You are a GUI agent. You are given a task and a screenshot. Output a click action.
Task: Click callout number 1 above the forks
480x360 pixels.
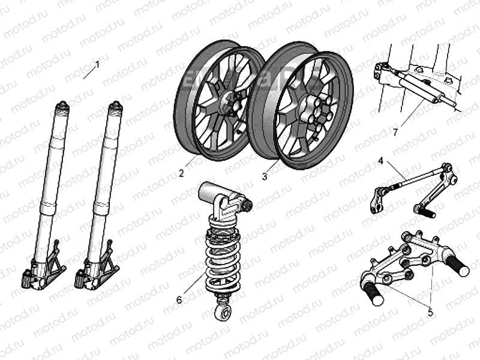98,63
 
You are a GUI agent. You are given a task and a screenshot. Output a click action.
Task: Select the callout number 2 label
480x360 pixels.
181,174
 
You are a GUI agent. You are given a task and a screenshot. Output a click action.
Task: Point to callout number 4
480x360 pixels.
380,160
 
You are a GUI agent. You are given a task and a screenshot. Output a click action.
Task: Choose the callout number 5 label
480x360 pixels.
430,311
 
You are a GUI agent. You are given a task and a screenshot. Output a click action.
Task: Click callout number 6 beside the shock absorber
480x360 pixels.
178,299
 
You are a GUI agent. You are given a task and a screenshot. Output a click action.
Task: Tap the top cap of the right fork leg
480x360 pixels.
114,109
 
